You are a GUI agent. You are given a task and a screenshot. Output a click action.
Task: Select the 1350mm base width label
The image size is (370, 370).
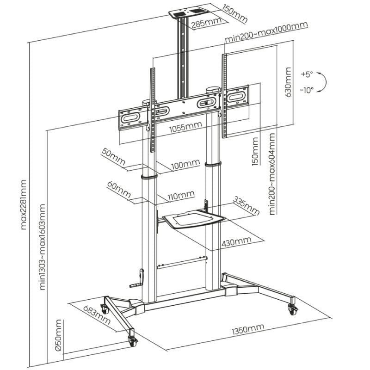247,329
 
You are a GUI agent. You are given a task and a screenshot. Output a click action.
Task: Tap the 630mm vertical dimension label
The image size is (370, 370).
288,82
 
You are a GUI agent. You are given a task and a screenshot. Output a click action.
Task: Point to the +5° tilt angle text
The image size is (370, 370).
306,74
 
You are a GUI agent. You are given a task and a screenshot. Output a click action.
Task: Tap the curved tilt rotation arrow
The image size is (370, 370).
325,82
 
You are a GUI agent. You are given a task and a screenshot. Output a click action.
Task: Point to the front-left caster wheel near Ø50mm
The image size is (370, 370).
132,340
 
